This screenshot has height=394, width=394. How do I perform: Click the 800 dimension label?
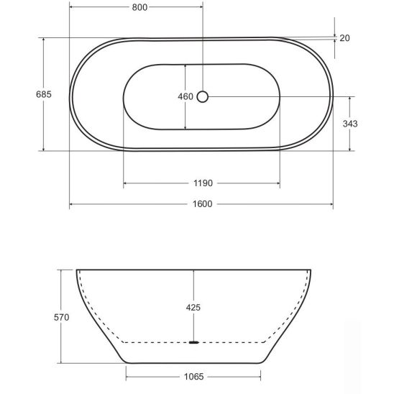[139, 7]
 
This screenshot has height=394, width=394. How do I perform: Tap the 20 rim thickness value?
[344, 38]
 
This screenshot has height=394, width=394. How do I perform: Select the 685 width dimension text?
[44, 94]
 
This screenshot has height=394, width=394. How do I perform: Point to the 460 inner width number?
[185, 96]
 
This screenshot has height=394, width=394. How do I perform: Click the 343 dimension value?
[350, 124]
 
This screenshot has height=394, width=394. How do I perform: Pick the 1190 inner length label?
[203, 183]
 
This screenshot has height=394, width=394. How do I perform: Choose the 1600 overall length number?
[203, 203]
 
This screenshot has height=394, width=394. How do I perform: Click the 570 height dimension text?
[61, 317]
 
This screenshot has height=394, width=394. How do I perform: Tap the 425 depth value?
[193, 307]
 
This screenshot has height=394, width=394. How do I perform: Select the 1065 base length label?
[193, 377]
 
